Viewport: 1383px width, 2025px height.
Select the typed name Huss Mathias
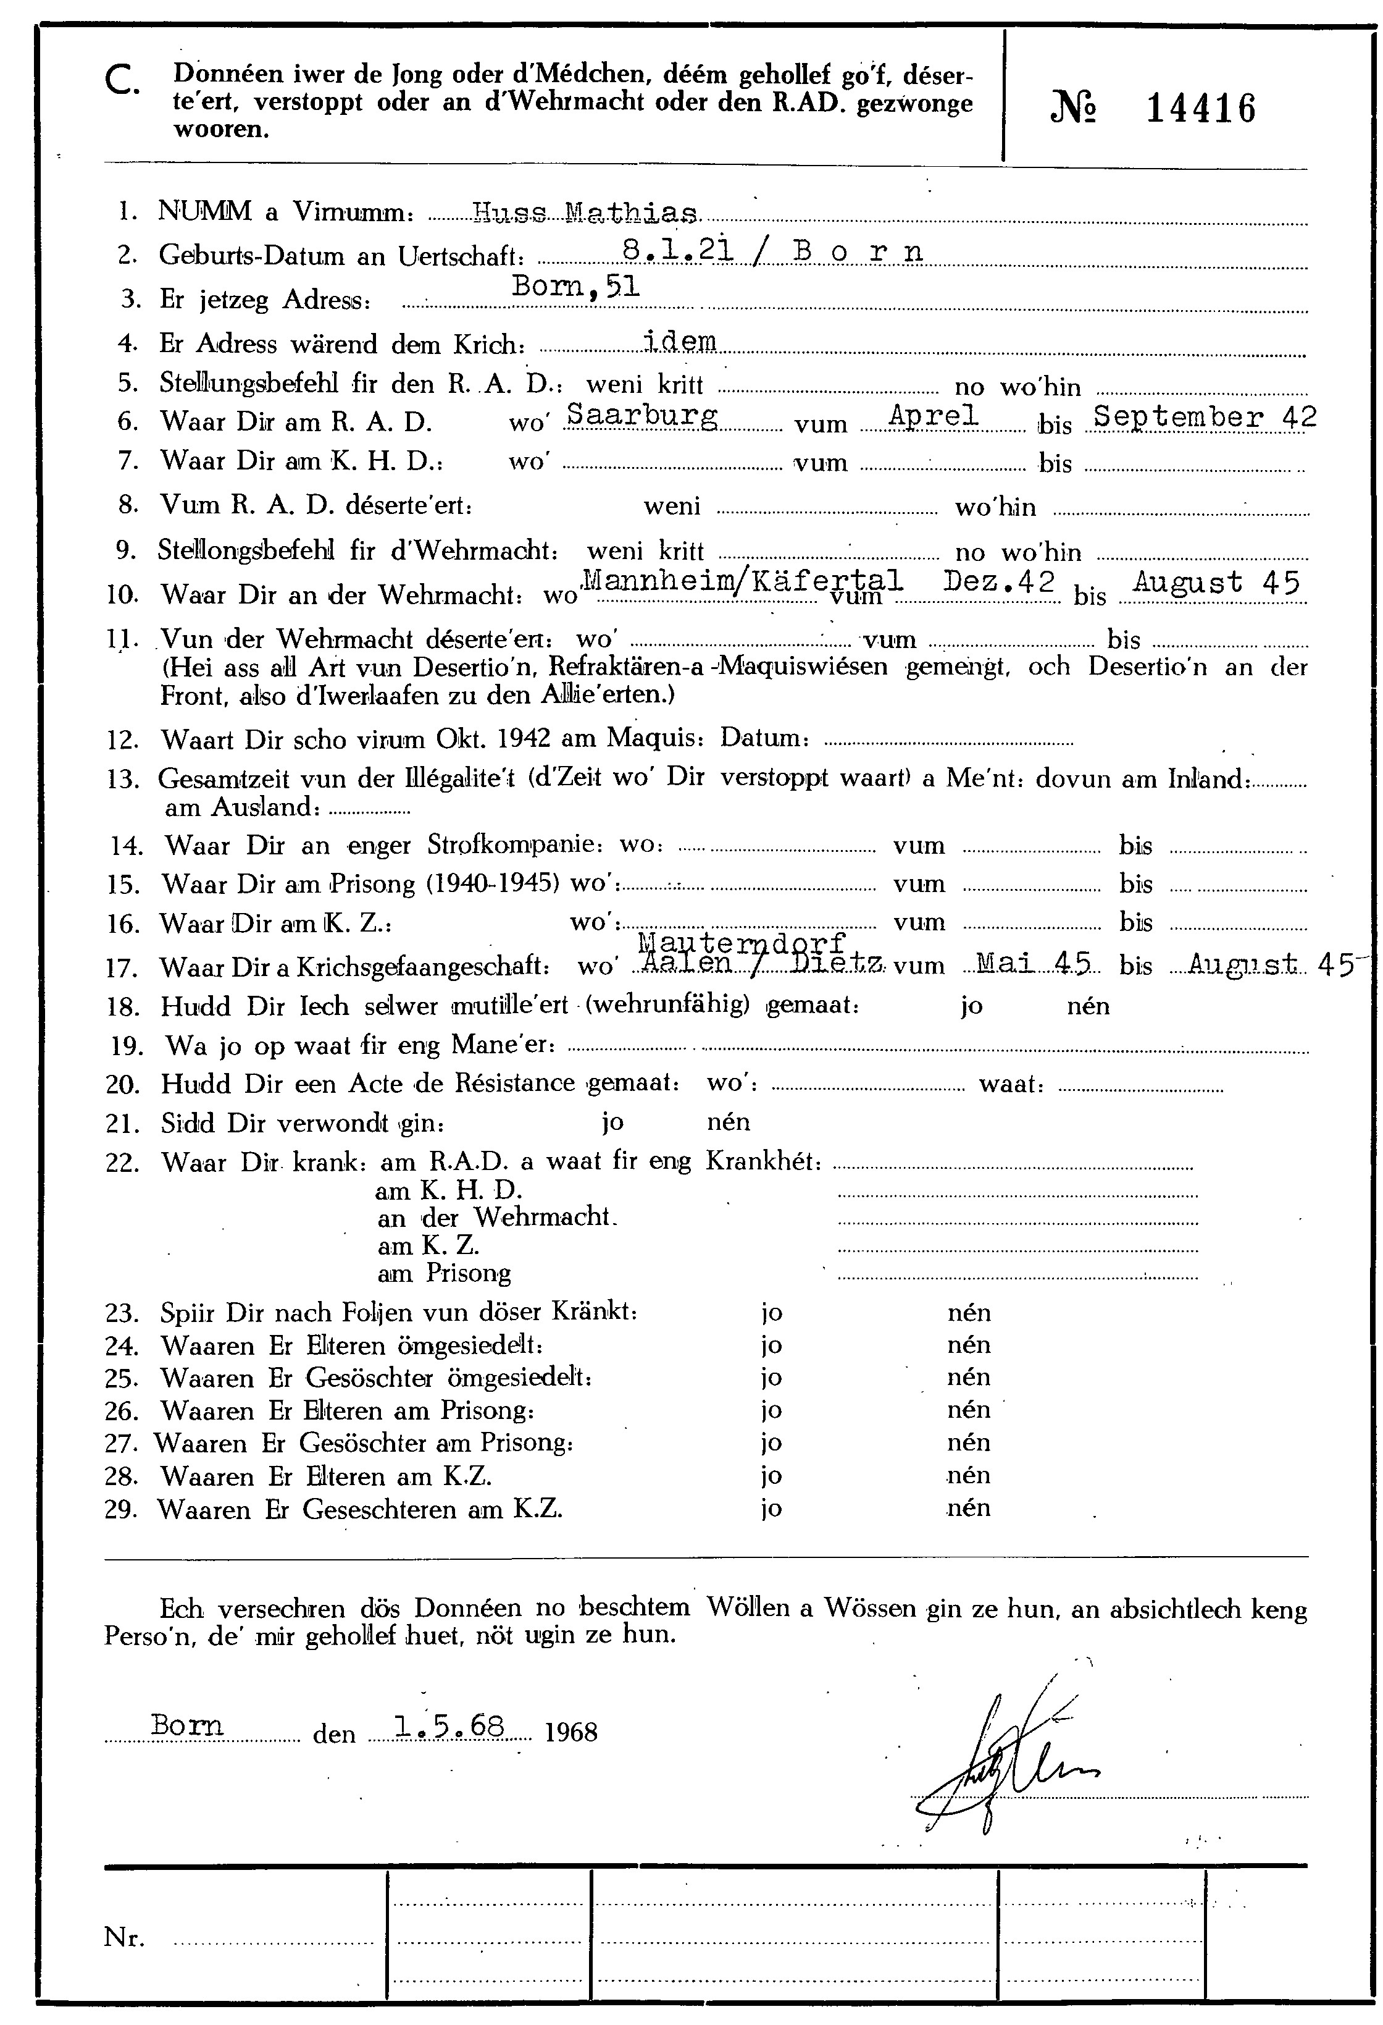[x=584, y=212]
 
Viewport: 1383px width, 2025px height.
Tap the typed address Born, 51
[x=575, y=287]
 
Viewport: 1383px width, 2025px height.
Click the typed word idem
[x=679, y=341]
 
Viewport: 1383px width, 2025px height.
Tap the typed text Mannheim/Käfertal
[x=740, y=579]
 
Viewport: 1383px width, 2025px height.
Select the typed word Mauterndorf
[x=742, y=943]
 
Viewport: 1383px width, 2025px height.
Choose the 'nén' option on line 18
[x=1088, y=1006]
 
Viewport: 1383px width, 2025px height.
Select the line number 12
[x=123, y=741]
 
